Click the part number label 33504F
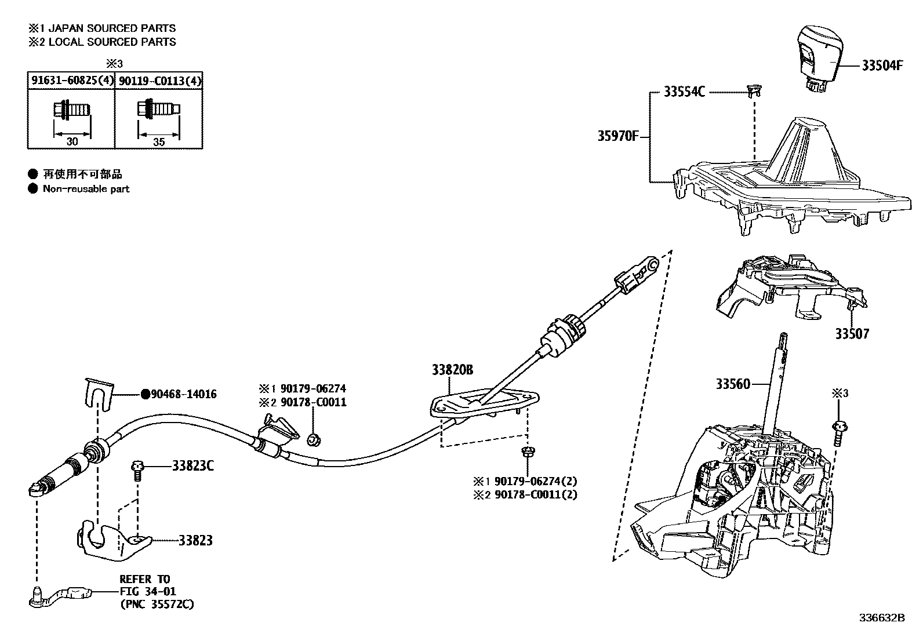[x=882, y=65]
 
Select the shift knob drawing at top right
[x=819, y=57]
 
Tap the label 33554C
[x=684, y=92]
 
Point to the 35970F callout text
[x=618, y=137]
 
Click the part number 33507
[x=852, y=334]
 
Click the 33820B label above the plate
[x=452, y=369]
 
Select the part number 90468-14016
[x=184, y=394]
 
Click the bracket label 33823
[x=195, y=540]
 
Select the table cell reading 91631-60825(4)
[x=71, y=81]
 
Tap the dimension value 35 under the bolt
[x=159, y=141]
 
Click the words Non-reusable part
[x=86, y=188]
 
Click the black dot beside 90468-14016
[x=146, y=394]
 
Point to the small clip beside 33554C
[x=753, y=90]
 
